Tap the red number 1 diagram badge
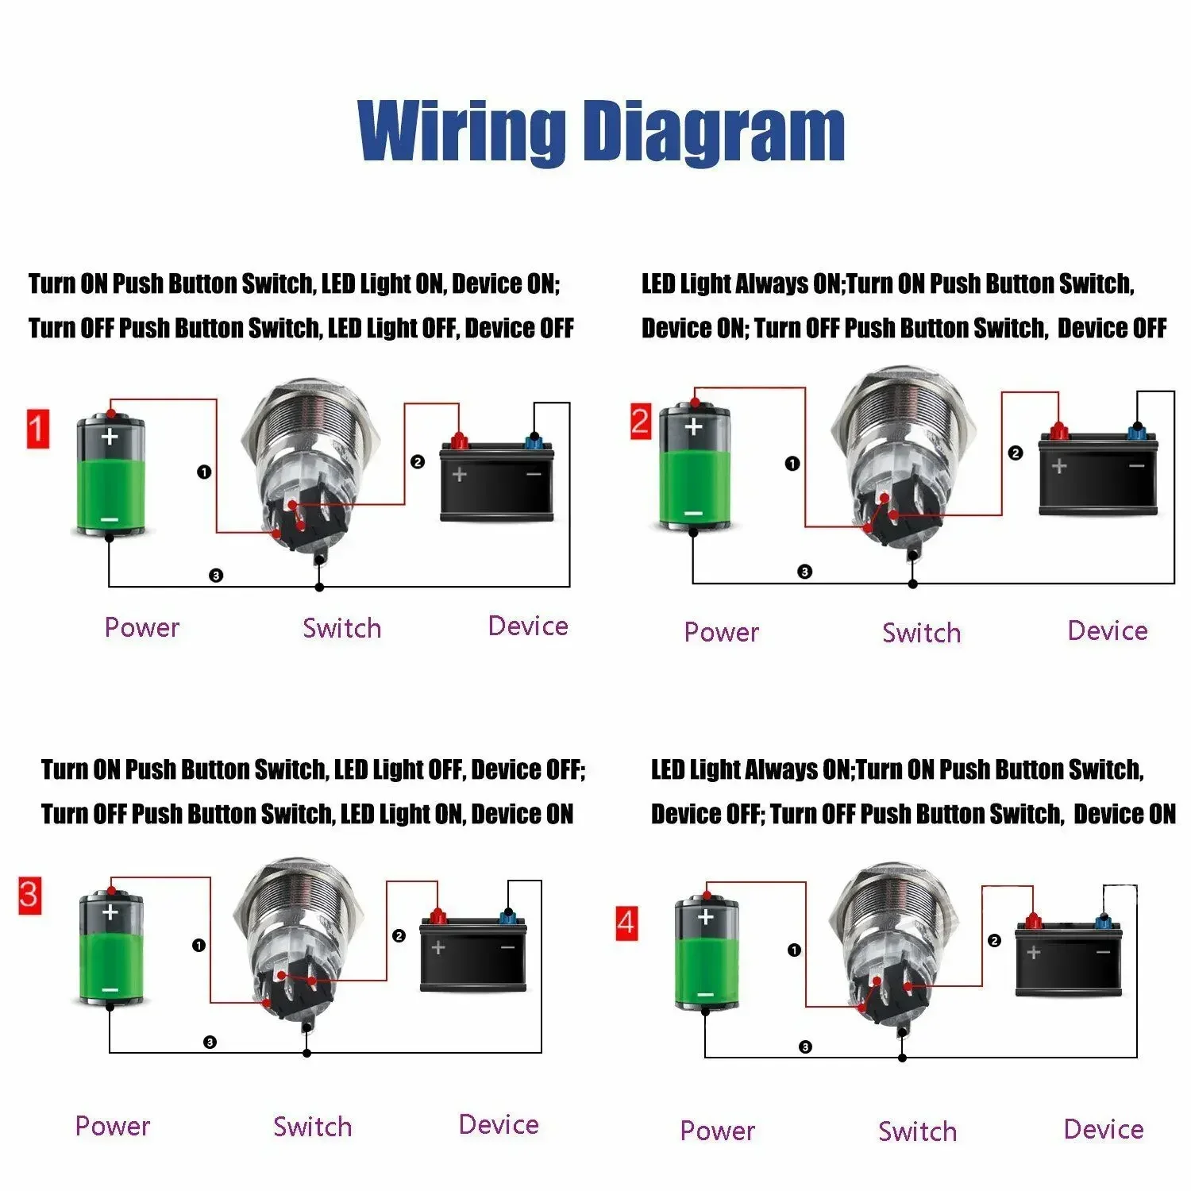(x=38, y=430)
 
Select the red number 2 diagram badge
(x=641, y=421)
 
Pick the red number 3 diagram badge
(x=29, y=896)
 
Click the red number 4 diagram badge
(x=626, y=923)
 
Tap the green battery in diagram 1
(x=110, y=475)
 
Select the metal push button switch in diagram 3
(x=299, y=937)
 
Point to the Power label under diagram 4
(x=717, y=1131)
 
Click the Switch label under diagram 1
(x=341, y=628)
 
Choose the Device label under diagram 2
(x=1107, y=631)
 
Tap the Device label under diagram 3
(x=499, y=1125)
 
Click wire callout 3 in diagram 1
(x=216, y=576)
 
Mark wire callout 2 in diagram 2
(x=1015, y=453)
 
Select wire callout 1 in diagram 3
(x=198, y=945)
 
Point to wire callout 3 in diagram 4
(x=805, y=1047)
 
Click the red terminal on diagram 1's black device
(x=458, y=440)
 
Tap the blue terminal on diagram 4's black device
(x=1103, y=922)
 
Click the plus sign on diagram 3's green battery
(x=110, y=912)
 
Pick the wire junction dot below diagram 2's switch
(x=913, y=584)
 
